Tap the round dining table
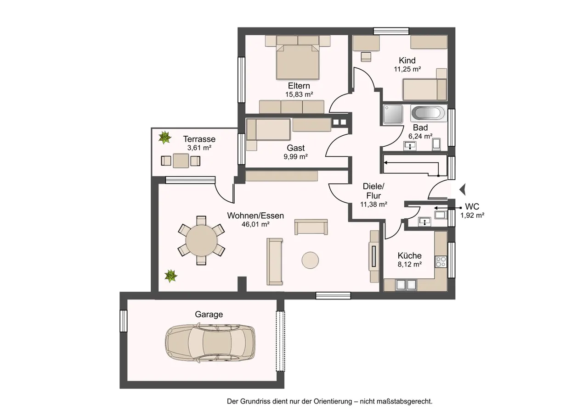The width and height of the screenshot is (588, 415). (201, 240)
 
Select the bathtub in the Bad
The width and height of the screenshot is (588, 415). (428, 113)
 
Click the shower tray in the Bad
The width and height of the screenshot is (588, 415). (393, 114)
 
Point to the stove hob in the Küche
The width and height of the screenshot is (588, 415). (441, 262)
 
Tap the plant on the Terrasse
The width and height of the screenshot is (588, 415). (165, 137)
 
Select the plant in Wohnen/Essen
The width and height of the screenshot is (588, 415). (170, 276)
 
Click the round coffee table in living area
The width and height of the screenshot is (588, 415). (310, 260)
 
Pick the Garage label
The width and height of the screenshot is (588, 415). (209, 314)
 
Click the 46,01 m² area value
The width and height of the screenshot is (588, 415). (255, 224)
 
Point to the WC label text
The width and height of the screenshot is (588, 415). (472, 206)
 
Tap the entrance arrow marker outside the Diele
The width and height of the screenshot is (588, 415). (463, 189)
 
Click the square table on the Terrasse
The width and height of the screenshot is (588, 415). (181, 160)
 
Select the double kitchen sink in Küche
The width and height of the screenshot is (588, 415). (406, 285)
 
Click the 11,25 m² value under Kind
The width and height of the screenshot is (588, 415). (407, 69)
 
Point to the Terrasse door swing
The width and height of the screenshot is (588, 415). (223, 194)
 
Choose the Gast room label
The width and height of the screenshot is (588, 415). (295, 148)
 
